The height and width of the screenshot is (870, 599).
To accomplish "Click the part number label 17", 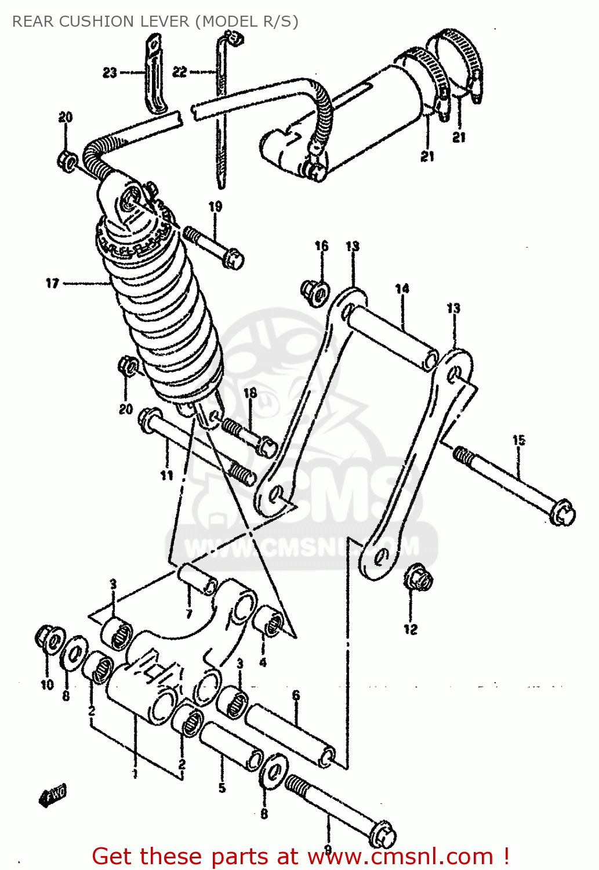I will pyautogui.click(x=52, y=283).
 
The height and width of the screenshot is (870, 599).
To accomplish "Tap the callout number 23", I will pyautogui.click(x=110, y=72).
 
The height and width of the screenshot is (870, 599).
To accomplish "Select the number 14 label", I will pyautogui.click(x=402, y=288).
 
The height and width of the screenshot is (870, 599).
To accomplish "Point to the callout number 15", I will pyautogui.click(x=518, y=440).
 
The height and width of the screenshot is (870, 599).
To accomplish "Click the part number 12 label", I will pyautogui.click(x=410, y=629).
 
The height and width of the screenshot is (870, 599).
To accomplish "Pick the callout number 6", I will pyautogui.click(x=296, y=695).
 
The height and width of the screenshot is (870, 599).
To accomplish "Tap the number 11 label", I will pyautogui.click(x=167, y=476).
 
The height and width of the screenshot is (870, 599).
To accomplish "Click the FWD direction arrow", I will pyautogui.click(x=53, y=795).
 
